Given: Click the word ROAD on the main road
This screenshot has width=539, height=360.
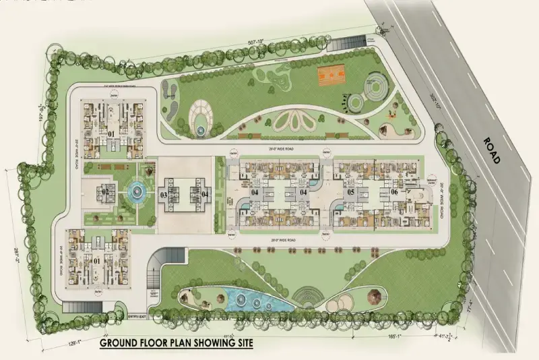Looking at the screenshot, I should pos(491,150).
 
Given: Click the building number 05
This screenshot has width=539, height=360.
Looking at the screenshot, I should pos(350,192).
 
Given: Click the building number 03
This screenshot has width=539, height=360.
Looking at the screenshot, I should pos(164,196).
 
